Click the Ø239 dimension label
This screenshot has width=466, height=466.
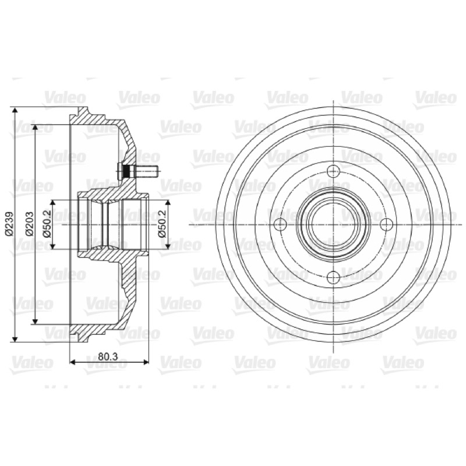pyautogui.click(x=9, y=224)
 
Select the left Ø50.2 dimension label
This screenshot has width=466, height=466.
pyautogui.click(x=47, y=224)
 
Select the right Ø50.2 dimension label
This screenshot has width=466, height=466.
pyautogui.click(x=162, y=224)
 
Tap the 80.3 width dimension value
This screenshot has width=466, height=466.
pyautogui.click(x=108, y=356)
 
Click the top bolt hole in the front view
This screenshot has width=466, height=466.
pyautogui.click(x=333, y=171)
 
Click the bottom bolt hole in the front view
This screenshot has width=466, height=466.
pyautogui.click(x=333, y=277)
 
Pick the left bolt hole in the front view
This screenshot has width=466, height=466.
pyautogui.click(x=280, y=224)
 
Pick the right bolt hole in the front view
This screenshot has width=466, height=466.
pyautogui.click(x=387, y=224)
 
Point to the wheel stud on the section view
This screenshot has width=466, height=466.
pyautogui.click(x=138, y=171)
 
